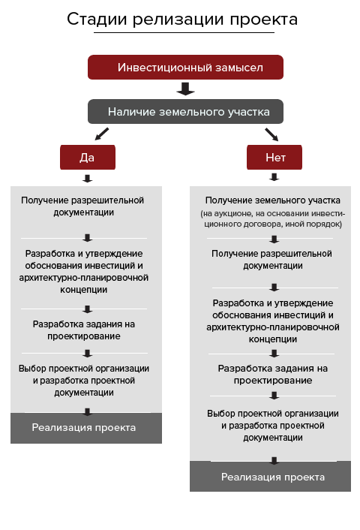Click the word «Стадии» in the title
point(97,20)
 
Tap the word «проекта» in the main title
point(264,20)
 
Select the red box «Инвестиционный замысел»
point(185,68)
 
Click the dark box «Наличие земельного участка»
point(185,111)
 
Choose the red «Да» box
point(88,157)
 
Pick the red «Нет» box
point(274,157)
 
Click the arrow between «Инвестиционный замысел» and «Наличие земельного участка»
point(185,89)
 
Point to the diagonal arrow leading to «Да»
point(102,134)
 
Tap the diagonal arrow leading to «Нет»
point(271,134)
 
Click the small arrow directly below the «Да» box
point(88,179)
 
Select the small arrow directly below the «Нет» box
point(274,176)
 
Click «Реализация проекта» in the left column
point(84,428)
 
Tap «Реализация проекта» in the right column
point(273,477)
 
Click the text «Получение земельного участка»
point(273,200)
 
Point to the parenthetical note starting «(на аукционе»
point(273,218)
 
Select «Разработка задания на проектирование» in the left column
point(84,330)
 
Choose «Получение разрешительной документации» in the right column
point(272,260)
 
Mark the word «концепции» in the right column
point(273,339)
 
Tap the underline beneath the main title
point(184,33)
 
